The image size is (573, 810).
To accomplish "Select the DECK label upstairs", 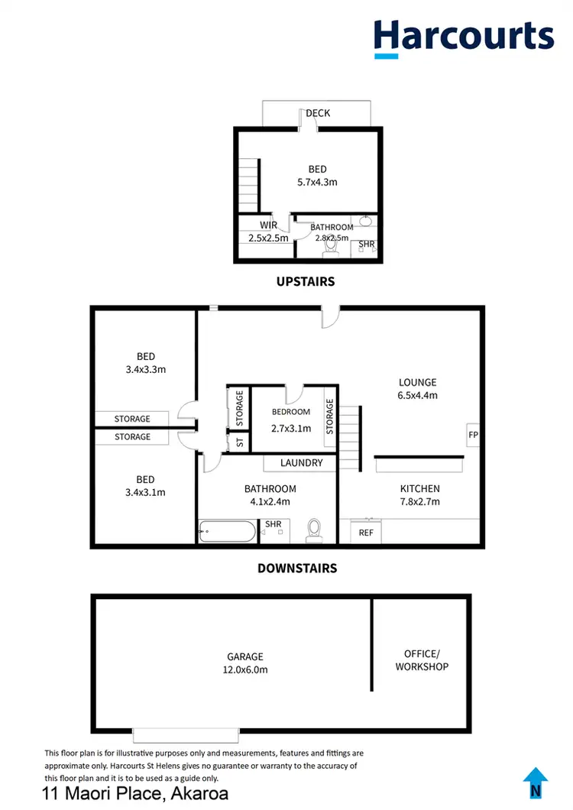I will click(318, 113).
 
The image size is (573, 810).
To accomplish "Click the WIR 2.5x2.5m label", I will click(267, 232).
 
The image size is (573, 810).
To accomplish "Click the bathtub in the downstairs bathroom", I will click(228, 531).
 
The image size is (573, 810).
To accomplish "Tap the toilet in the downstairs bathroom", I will click(314, 530).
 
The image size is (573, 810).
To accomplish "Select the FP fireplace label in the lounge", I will click(472, 435).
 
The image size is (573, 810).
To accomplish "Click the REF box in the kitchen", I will click(367, 532).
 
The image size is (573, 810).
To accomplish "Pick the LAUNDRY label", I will click(301, 463).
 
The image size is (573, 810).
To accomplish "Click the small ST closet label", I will click(240, 442).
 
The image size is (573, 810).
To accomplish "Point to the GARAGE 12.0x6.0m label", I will click(244, 663).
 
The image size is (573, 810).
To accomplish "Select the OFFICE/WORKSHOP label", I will click(422, 660).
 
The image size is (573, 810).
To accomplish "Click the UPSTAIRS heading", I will click(306, 281).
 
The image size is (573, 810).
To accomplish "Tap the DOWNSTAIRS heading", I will click(297, 568).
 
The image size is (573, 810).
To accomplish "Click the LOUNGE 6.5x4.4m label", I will click(417, 388).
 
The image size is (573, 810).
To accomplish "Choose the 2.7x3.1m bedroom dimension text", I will click(291, 428).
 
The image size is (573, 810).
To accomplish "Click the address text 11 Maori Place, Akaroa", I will click(135, 792).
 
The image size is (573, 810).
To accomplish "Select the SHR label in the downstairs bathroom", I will click(272, 524).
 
